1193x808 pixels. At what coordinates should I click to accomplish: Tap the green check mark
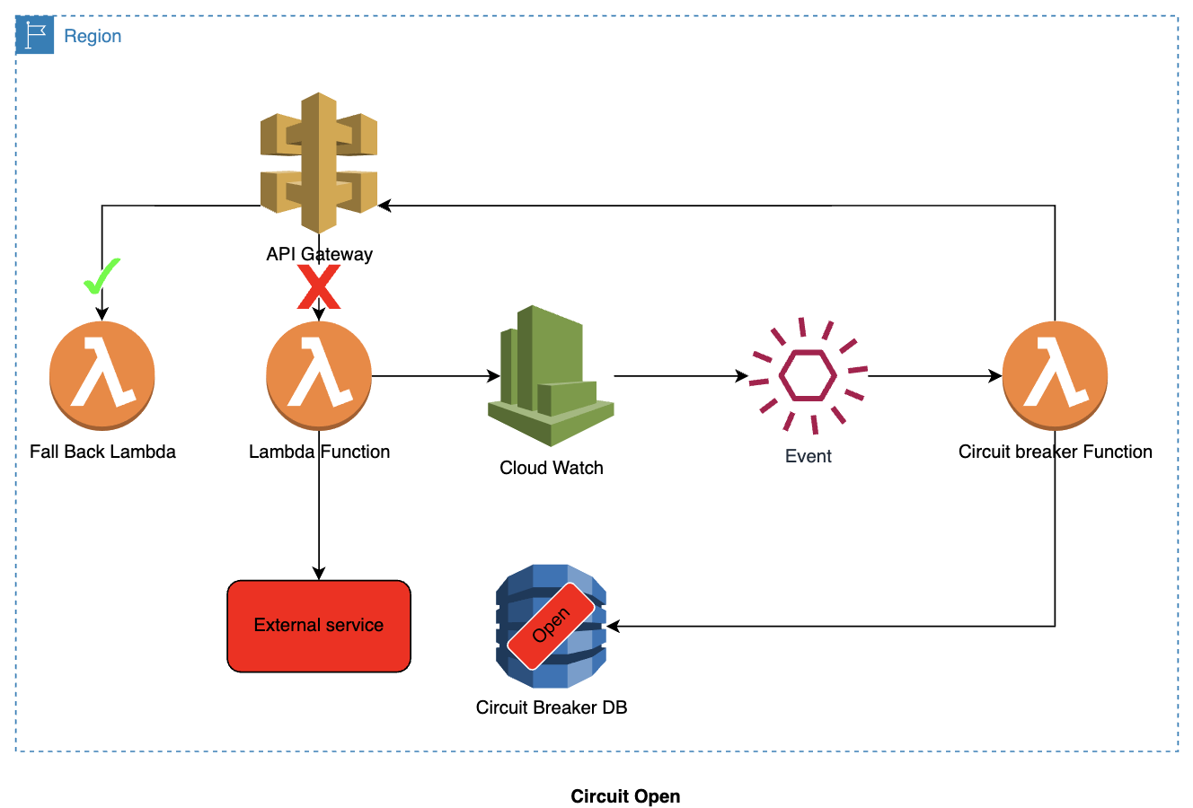click(102, 277)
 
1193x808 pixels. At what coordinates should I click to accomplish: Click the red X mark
click(319, 287)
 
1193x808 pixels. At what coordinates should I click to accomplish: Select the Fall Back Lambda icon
click(102, 375)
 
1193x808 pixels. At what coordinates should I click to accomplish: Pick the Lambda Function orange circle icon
click(319, 375)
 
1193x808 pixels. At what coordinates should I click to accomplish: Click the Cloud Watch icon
click(551, 377)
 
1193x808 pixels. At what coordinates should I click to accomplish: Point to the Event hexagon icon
click(809, 375)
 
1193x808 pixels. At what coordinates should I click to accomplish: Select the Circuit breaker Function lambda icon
click(1055, 375)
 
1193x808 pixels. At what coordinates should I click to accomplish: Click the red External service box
click(319, 626)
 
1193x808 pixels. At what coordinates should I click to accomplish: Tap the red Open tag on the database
click(551, 626)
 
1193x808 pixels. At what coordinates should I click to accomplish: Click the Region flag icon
click(35, 36)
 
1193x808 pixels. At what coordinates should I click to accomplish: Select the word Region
click(93, 36)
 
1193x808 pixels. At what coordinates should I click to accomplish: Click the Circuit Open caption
click(625, 796)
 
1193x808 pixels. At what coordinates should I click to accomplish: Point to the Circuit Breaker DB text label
click(552, 707)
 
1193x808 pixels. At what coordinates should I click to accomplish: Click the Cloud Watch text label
click(552, 468)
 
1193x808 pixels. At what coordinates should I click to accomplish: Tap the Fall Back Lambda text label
click(102, 452)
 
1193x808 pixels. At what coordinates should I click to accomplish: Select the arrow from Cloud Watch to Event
click(680, 376)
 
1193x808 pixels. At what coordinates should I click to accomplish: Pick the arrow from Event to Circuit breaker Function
click(934, 376)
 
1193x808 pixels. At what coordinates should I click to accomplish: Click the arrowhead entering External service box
click(319, 574)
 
